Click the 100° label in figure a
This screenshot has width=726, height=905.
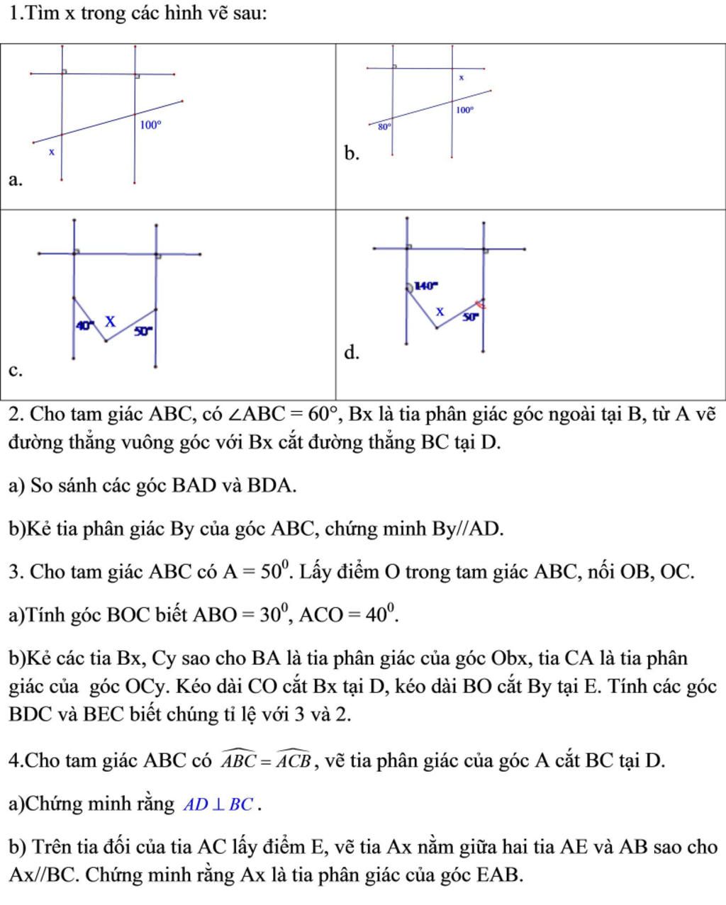coord(150,125)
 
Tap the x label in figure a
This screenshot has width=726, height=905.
coord(51,152)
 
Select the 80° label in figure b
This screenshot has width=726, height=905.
coord(384,127)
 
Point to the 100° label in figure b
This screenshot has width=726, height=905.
coord(464,110)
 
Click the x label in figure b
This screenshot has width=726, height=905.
coord(462,77)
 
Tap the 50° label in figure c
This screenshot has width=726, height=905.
coord(143,330)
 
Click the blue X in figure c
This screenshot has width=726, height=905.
coord(110,321)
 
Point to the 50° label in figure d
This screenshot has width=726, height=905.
coord(471,317)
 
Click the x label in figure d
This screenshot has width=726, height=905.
coord(440,311)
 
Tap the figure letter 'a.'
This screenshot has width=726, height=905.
coord(16,180)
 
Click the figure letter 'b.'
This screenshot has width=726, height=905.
coord(352,154)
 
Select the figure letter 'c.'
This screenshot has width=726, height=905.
coord(15,371)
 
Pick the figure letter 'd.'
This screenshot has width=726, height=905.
coord(352,352)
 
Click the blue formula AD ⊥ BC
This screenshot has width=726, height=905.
coord(220,805)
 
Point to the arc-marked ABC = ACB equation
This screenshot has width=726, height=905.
coord(267,760)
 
